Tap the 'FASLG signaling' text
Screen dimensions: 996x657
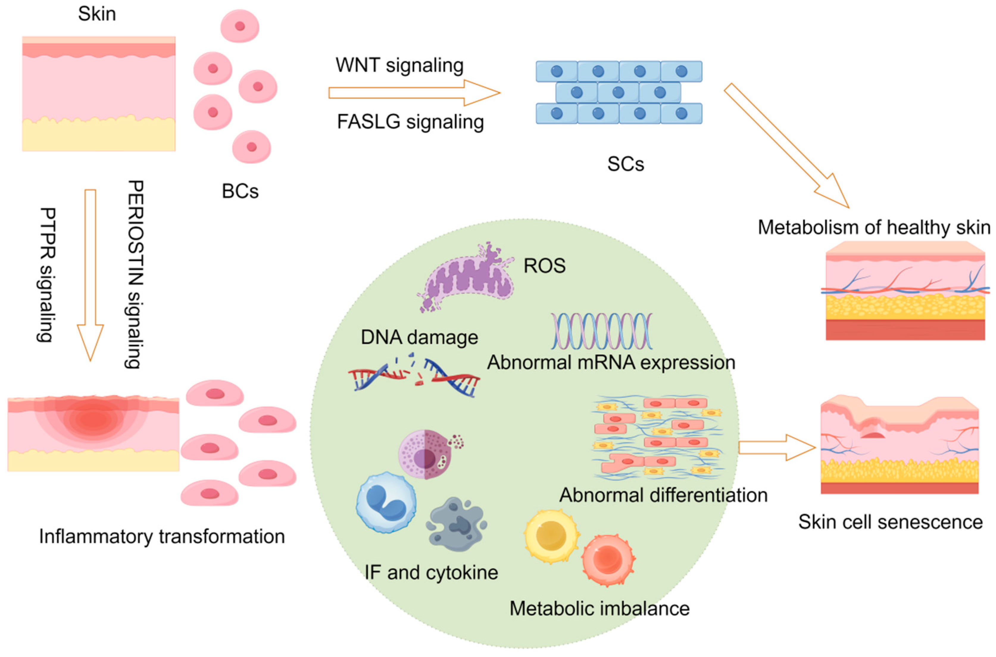tap(410, 122)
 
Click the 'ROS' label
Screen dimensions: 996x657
tap(544, 266)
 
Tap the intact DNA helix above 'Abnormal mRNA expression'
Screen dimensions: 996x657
tap(602, 331)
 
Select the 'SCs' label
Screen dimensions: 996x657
tap(625, 164)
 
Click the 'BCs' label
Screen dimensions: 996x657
tap(240, 192)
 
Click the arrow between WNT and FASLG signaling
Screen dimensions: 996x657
tap(414, 93)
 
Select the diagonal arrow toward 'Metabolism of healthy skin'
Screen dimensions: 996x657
tap(787, 146)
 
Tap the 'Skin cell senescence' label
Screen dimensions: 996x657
tap(890, 523)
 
